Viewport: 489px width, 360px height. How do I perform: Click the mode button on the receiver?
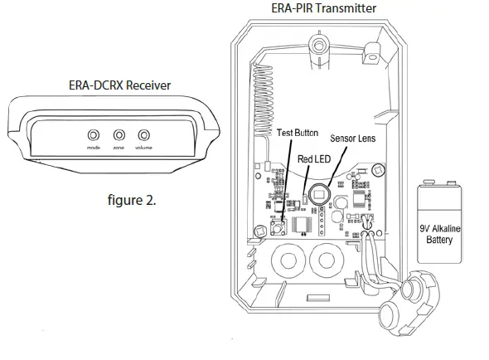(94, 134)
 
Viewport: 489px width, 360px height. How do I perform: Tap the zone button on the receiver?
(119, 134)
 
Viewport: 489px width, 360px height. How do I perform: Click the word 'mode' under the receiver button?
(93, 148)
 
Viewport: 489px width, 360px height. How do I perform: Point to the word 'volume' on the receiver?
(145, 148)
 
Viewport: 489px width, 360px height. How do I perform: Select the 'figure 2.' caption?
(132, 200)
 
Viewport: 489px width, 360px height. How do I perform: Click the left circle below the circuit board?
(289, 265)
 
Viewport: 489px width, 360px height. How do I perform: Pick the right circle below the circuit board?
(331, 265)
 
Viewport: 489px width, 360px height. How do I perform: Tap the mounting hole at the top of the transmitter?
(319, 42)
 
